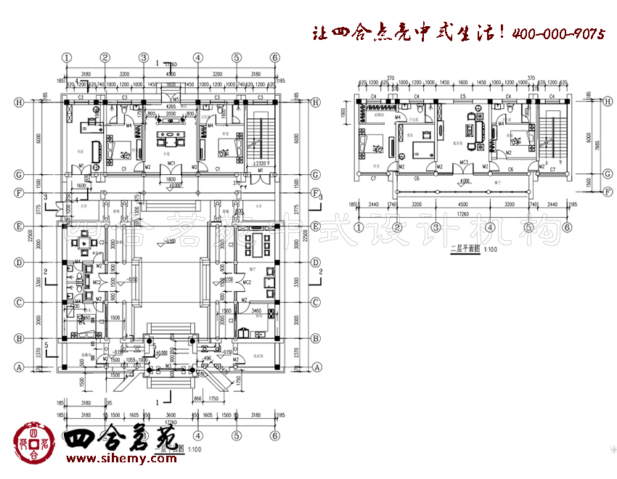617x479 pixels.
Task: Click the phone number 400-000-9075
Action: coord(558,33)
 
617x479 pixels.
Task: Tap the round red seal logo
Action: coord(31,443)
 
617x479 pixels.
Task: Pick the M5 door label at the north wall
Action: coord(176,98)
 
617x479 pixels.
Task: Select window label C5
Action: coord(462,97)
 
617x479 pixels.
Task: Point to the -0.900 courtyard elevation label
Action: coord(171,241)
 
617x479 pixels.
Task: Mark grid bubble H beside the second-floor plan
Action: coord(607,101)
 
